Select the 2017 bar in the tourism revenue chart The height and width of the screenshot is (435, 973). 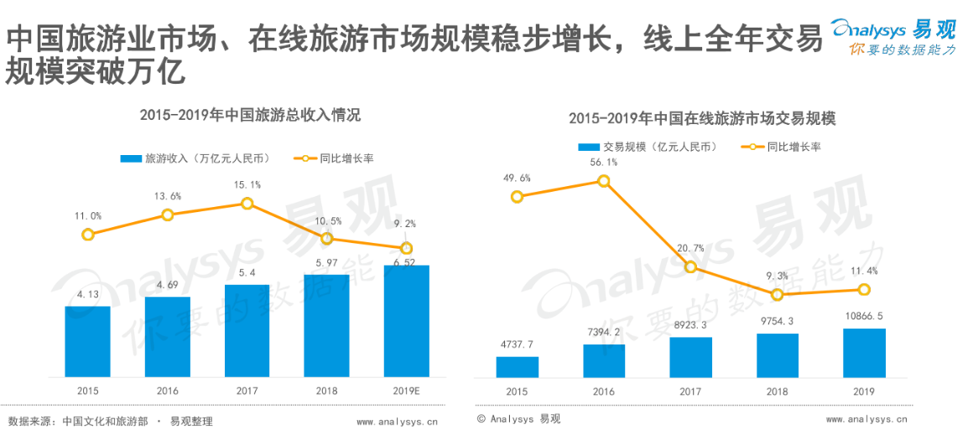click(247, 330)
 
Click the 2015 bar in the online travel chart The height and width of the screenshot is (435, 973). click(517, 367)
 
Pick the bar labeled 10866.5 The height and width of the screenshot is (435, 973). click(864, 353)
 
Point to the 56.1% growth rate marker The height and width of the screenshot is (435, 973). click(604, 181)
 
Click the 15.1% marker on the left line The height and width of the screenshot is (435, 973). click(247, 204)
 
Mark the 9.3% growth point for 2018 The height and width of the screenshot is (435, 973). click(778, 294)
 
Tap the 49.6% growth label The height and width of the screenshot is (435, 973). click(517, 178)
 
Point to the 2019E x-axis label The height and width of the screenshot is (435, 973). click(406, 391)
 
